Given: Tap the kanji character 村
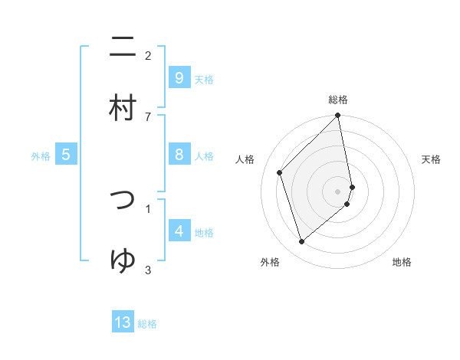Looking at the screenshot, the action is [x=123, y=108].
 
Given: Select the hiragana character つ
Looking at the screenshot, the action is [x=123, y=200].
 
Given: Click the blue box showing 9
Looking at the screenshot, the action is [x=179, y=77].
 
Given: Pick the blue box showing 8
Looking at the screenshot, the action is [x=179, y=155].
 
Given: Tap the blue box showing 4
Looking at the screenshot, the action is [x=179, y=231].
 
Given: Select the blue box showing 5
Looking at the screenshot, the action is [x=66, y=155].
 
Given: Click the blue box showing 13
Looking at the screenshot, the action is [x=123, y=322].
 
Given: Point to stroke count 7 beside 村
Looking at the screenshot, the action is [x=148, y=116].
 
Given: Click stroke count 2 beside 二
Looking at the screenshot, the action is [x=148, y=56].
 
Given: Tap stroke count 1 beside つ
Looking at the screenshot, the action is [x=148, y=208].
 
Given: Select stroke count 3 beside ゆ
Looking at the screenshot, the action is [x=148, y=269].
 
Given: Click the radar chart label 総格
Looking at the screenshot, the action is [x=338, y=100].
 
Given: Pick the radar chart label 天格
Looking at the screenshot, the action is [x=431, y=159].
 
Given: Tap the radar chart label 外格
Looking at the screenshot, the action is [x=270, y=262].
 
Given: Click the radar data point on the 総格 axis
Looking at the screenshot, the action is [x=338, y=116].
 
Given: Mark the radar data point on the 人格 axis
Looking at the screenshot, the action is [x=280, y=172].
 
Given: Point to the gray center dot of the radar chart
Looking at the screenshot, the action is [x=338, y=191].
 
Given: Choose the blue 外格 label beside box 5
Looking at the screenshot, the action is [x=41, y=155].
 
